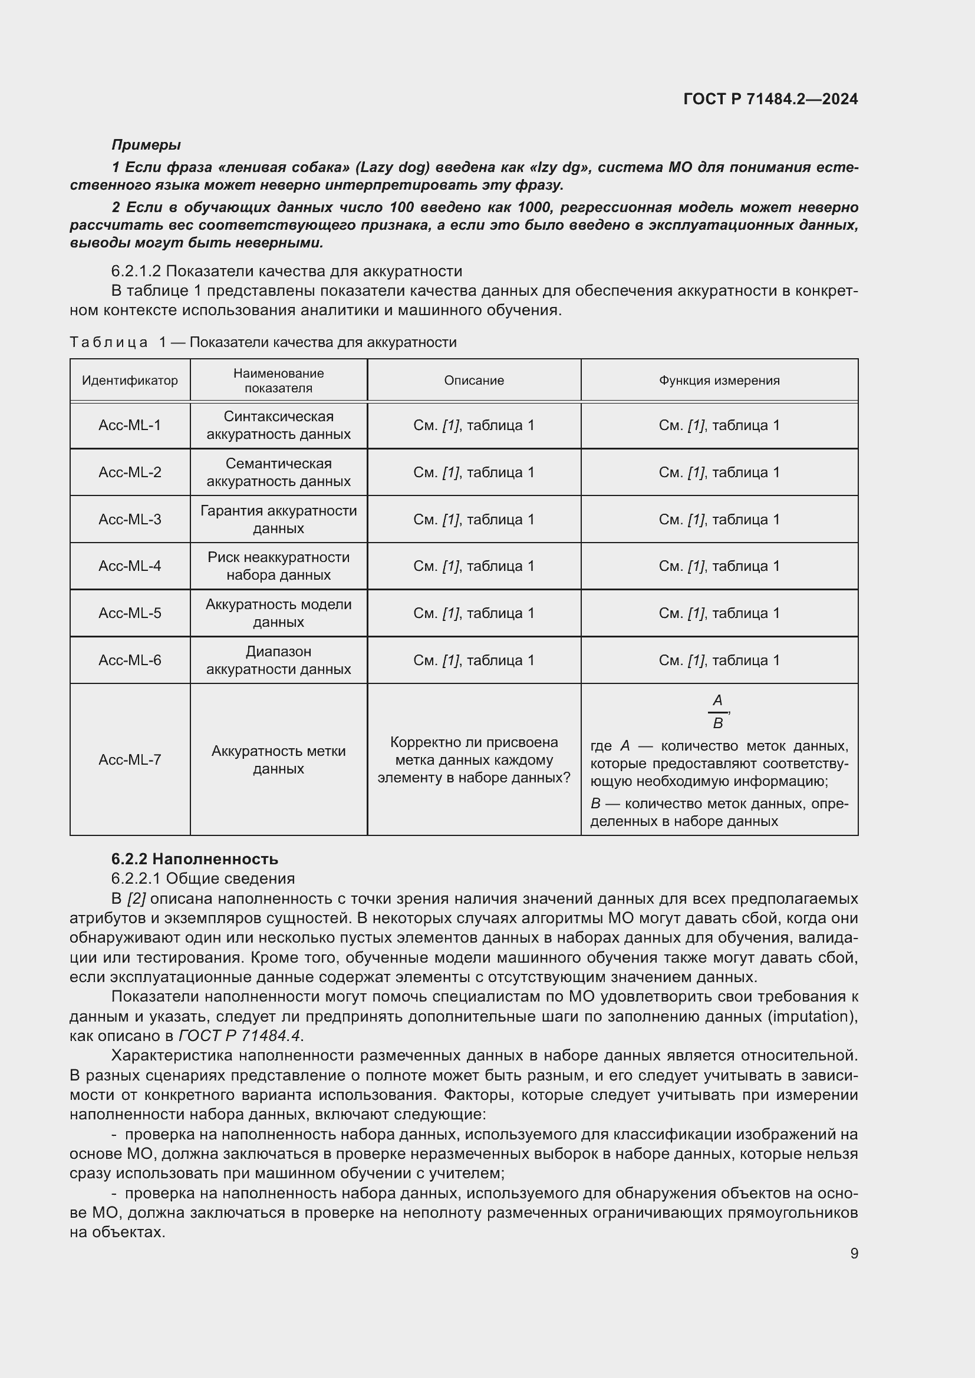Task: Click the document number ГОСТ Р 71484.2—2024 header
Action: (770, 100)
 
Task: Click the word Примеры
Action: (146, 145)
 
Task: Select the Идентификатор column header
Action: (130, 381)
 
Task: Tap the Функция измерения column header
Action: (719, 381)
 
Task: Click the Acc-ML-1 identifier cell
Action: (130, 425)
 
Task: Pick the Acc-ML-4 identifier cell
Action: (130, 566)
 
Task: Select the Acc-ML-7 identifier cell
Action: (130, 760)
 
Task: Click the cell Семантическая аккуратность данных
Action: (279, 472)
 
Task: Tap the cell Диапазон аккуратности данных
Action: (279, 660)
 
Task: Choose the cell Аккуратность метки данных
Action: (279, 760)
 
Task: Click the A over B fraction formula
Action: (717, 712)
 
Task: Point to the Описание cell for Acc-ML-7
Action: (474, 760)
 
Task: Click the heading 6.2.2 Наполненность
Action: (195, 859)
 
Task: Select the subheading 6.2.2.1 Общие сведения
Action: (203, 878)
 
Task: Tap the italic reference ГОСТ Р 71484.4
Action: (240, 1036)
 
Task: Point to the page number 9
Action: (854, 1254)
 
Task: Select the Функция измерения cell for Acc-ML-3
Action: (719, 519)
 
